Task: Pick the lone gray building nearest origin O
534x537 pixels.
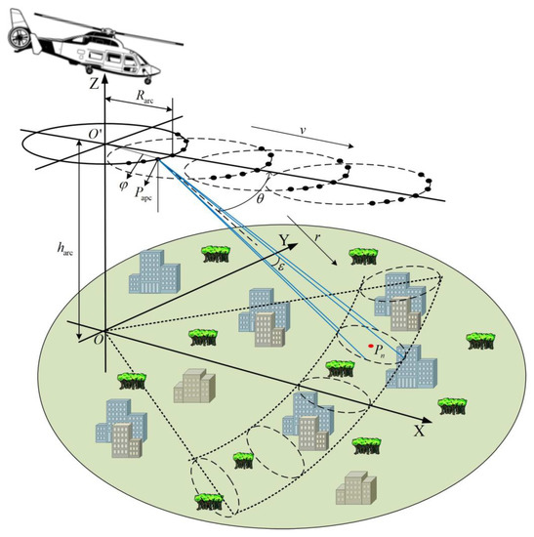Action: (x=191, y=387)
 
